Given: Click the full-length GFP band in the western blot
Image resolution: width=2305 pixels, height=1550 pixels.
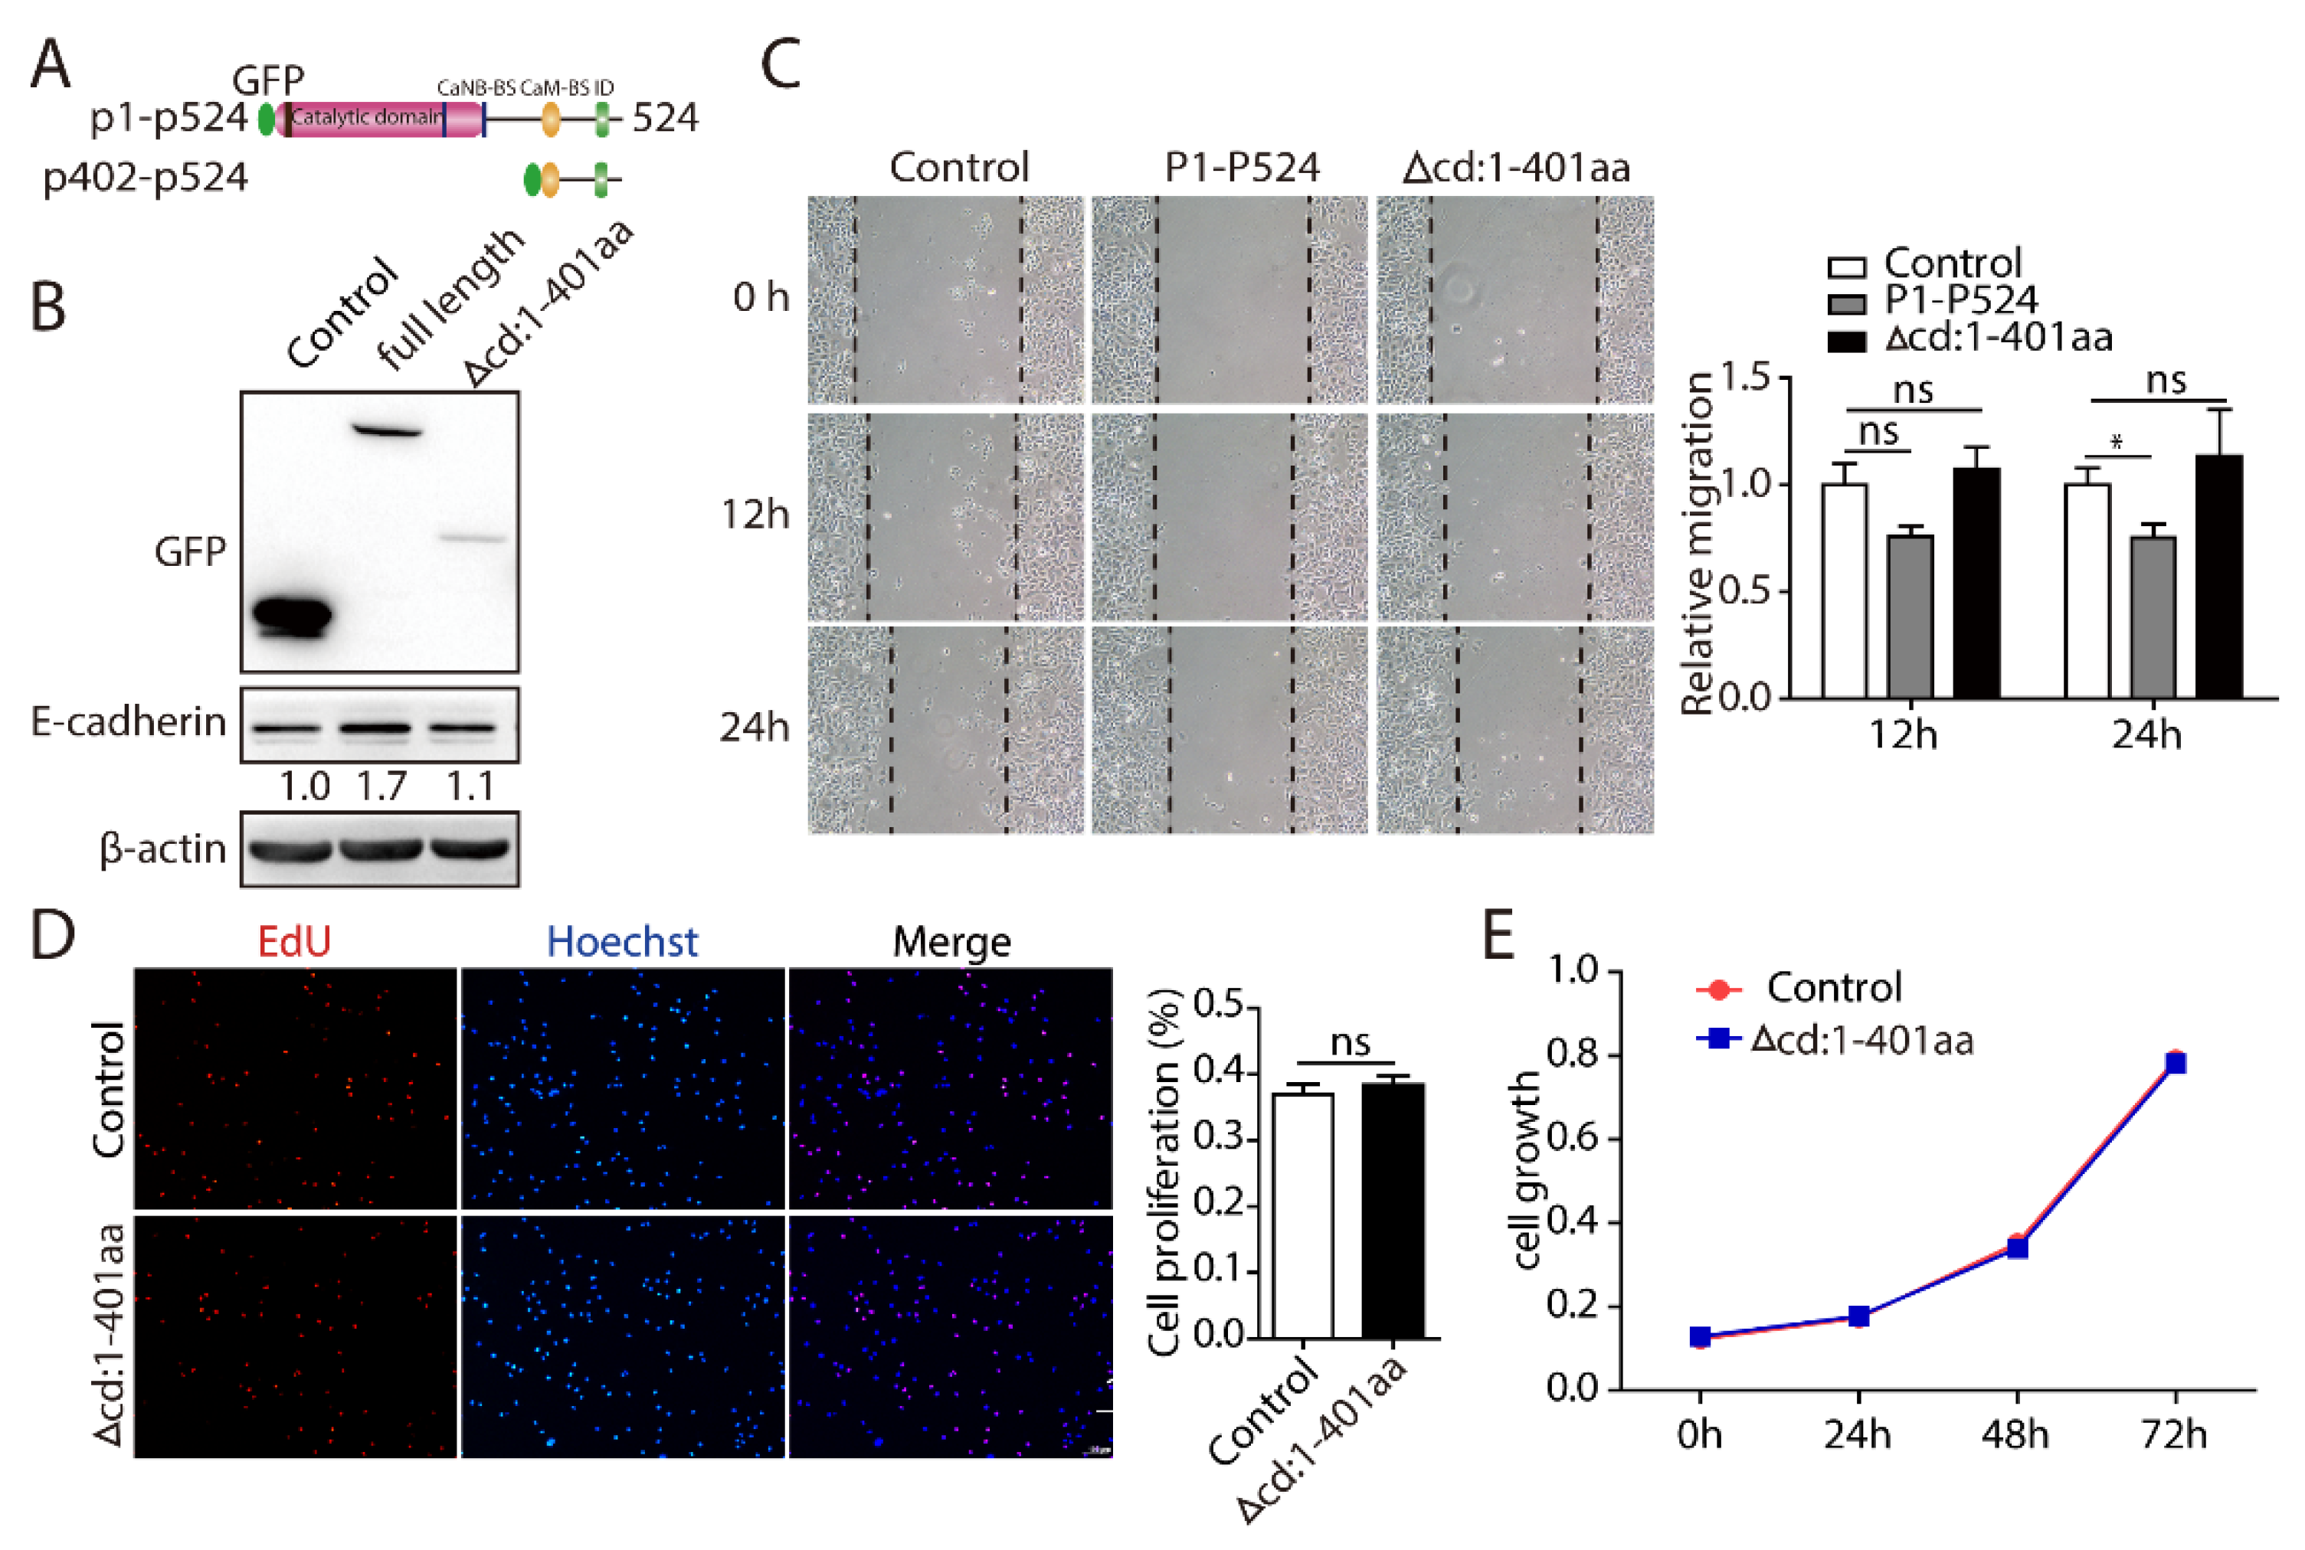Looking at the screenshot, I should click(388, 431).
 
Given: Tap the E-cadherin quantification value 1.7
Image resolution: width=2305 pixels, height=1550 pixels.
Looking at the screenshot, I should click(381, 786).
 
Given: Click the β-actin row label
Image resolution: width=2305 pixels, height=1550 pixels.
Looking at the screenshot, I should click(163, 849).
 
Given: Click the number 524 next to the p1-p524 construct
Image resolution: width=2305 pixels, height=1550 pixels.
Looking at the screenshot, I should click(664, 118).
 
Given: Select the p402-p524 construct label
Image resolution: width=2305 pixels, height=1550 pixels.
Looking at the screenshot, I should click(146, 178).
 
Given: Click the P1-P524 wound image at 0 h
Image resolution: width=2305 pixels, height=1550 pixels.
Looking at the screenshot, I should click(1229, 299).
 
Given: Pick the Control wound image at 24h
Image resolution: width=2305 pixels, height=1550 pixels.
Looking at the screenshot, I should click(945, 730).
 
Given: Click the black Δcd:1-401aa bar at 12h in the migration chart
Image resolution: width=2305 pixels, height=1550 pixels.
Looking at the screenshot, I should click(1976, 584).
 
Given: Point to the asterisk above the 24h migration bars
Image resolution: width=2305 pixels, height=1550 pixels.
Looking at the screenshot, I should click(2116, 442).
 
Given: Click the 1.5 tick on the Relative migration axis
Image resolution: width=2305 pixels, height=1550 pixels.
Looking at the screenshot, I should click(1745, 378).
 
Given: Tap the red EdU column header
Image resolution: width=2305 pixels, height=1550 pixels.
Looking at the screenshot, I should click(293, 941).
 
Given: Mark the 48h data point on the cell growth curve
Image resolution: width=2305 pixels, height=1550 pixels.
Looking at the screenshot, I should click(2017, 1247).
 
